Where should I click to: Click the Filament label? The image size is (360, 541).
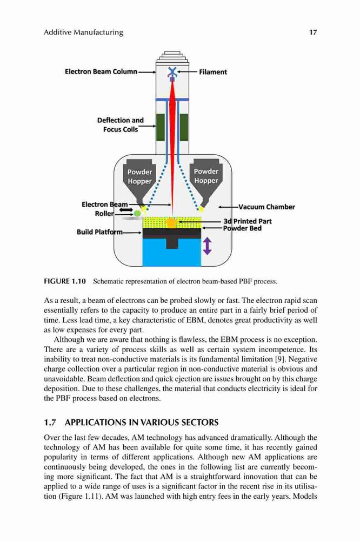[213, 72]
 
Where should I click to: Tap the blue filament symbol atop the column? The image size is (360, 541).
[172, 72]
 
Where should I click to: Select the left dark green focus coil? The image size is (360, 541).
[161, 127]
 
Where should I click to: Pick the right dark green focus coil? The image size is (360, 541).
[184, 127]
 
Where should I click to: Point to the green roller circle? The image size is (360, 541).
[137, 214]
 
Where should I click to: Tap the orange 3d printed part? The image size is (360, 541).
[171, 222]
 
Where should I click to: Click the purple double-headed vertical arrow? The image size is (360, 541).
[207, 246]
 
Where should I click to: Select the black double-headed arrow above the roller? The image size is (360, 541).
[126, 209]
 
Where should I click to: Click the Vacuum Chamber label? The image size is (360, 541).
[266, 207]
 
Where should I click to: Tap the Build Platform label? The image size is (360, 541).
[99, 232]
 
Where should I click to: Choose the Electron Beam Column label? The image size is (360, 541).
[101, 72]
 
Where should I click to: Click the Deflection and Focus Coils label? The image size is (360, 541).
[121, 124]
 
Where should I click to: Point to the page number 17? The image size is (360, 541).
[313, 32]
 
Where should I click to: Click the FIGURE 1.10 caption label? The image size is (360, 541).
[64, 281]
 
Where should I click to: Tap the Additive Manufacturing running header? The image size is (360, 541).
[83, 32]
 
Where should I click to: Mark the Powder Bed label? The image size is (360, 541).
[242, 228]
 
